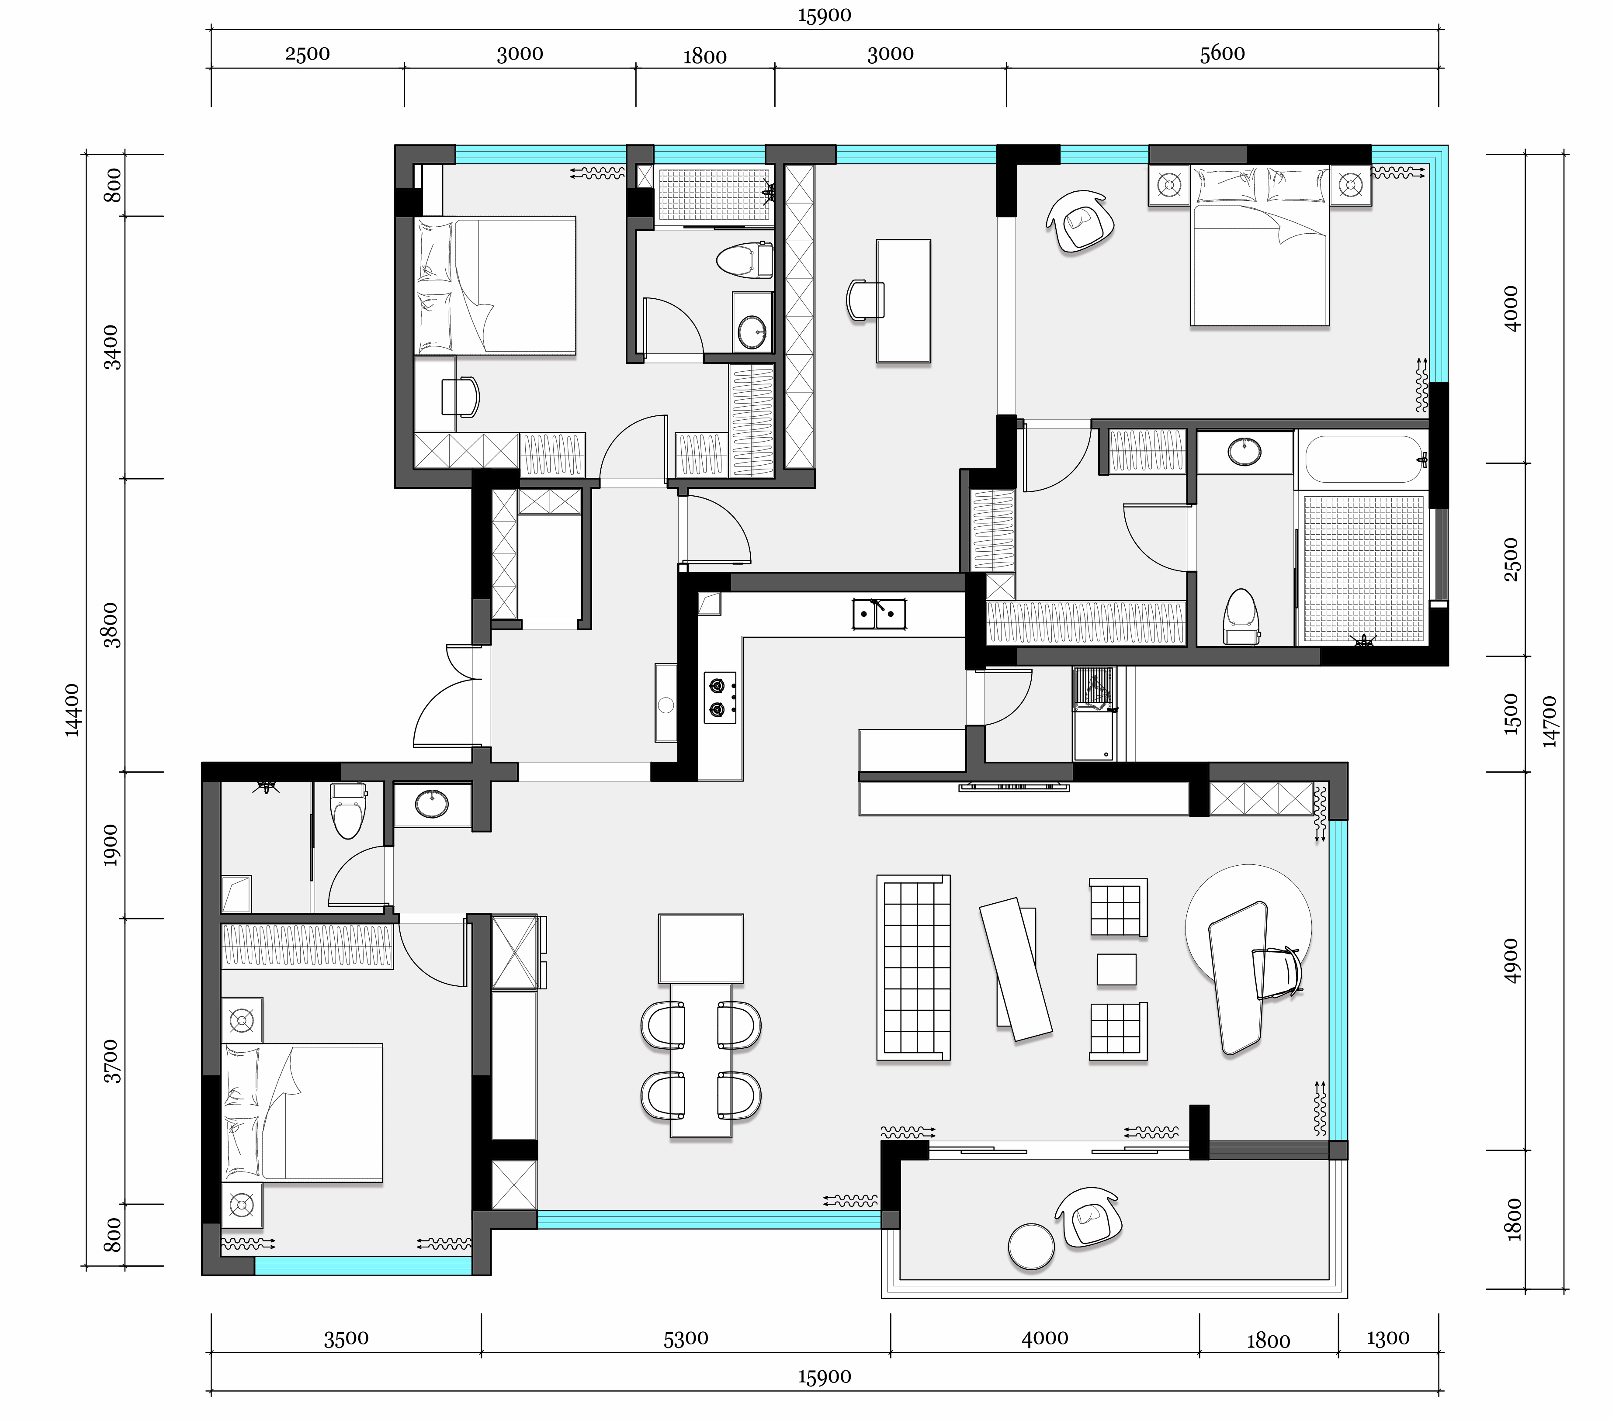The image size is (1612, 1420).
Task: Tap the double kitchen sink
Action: pos(879,613)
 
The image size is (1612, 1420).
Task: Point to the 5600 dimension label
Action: pos(1222,54)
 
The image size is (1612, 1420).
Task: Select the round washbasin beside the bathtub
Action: pos(1245,452)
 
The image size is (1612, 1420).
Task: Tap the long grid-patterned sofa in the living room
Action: pos(913,967)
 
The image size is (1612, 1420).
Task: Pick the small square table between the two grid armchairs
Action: pos(1116,969)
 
